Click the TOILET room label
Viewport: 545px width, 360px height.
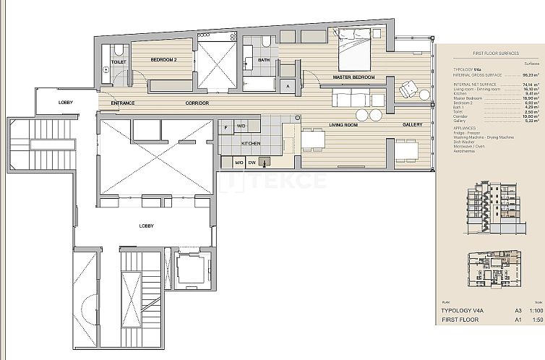[119, 62]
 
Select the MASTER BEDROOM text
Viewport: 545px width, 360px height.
[353, 77]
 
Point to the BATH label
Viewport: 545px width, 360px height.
[264, 60]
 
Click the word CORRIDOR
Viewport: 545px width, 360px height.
[197, 103]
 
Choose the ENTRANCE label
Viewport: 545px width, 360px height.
[123, 103]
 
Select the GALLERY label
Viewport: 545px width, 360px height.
[413, 125]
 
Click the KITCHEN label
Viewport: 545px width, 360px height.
[251, 143]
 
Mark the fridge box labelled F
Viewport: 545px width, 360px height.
[226, 127]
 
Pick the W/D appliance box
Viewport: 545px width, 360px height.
[241, 127]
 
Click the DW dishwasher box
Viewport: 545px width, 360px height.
[252, 163]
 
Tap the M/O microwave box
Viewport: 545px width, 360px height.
[239, 163]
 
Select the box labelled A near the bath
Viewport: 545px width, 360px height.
[288, 86]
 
